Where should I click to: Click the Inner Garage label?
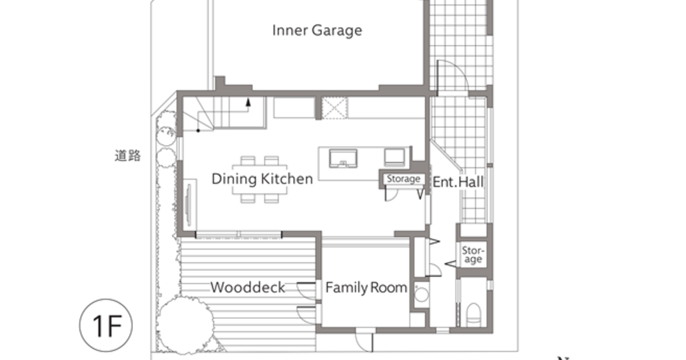click(x=317, y=31)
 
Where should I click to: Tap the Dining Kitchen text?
click(x=262, y=179)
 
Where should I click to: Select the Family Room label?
click(x=366, y=287)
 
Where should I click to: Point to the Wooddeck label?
click(x=248, y=287)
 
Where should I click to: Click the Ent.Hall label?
click(x=458, y=182)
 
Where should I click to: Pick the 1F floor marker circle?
click(x=106, y=325)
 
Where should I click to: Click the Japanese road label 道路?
click(x=127, y=155)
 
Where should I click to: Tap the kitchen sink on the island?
click(x=343, y=159)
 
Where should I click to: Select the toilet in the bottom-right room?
click(x=473, y=315)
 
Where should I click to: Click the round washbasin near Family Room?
click(x=421, y=294)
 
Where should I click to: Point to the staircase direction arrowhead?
click(x=248, y=102)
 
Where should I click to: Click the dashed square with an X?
click(x=334, y=108)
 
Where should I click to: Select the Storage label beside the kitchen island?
click(x=404, y=179)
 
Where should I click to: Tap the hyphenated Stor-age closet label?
click(x=473, y=255)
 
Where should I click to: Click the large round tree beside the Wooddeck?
click(x=185, y=325)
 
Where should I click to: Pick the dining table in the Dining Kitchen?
click(x=260, y=179)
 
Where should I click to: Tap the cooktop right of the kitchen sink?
click(x=394, y=157)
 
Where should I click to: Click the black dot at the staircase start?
click(x=198, y=131)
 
